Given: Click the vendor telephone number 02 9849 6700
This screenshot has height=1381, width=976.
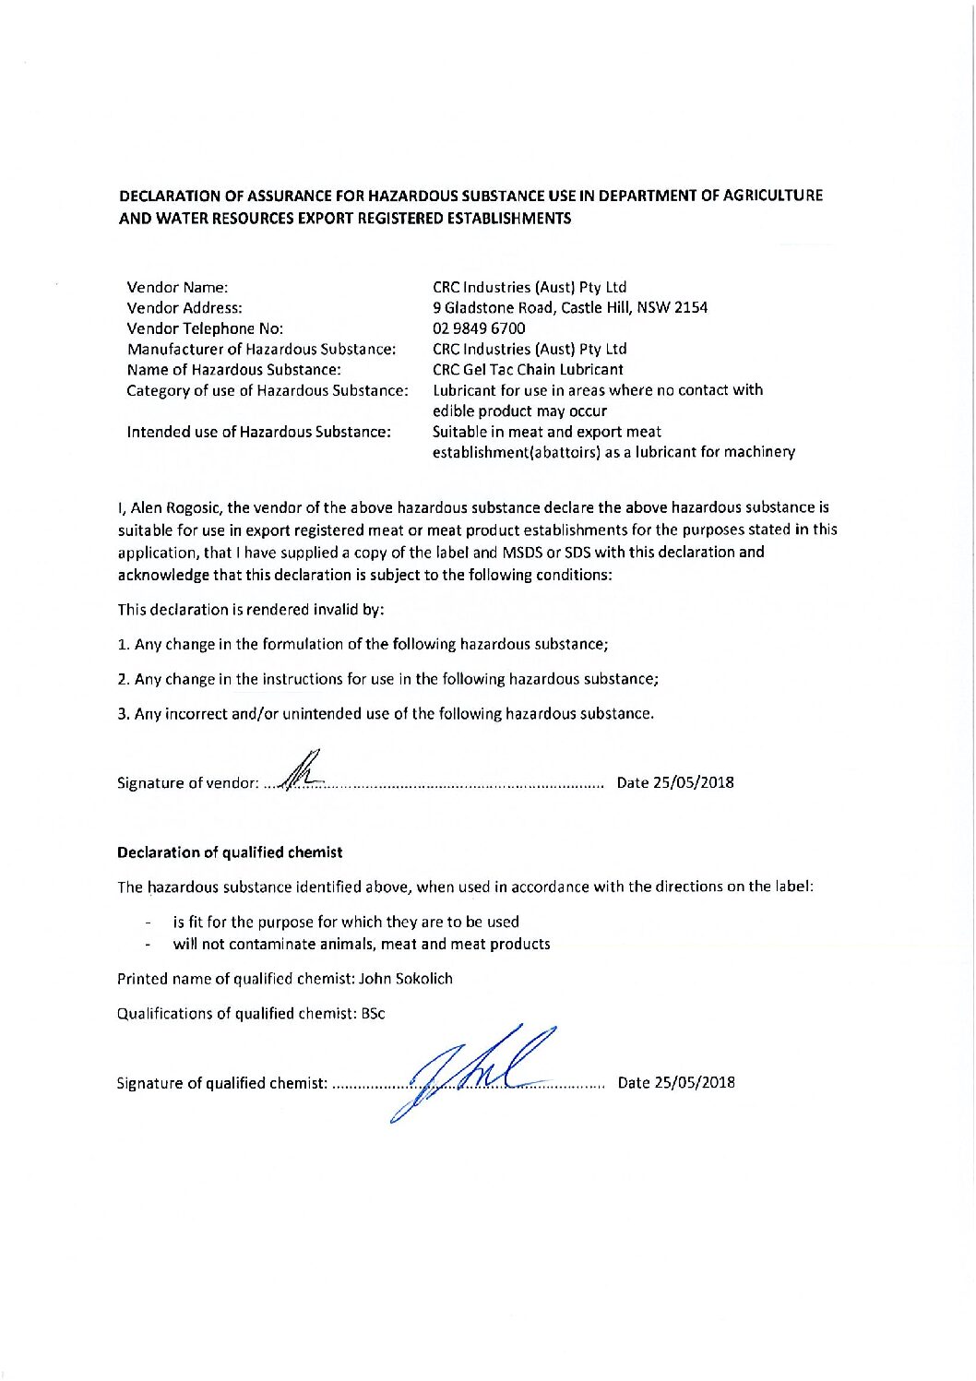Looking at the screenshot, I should (479, 328).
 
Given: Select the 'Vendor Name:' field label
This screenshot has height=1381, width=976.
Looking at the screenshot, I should (176, 287).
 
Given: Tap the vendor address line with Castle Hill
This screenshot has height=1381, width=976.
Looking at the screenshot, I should (570, 308).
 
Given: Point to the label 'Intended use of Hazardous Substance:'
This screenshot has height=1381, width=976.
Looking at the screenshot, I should (258, 431).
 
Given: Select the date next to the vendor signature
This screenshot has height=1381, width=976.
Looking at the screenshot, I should (675, 783).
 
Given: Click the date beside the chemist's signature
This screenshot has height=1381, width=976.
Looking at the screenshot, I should (676, 1083).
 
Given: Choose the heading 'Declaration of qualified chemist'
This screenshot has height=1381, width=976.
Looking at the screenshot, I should (230, 852).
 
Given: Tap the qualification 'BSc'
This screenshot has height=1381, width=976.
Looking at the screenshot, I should (373, 1013).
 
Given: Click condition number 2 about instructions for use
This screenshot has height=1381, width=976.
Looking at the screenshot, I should (387, 679).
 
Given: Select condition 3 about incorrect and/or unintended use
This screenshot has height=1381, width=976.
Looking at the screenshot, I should (386, 713).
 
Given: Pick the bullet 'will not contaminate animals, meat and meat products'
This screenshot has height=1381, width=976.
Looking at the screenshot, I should (361, 944).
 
